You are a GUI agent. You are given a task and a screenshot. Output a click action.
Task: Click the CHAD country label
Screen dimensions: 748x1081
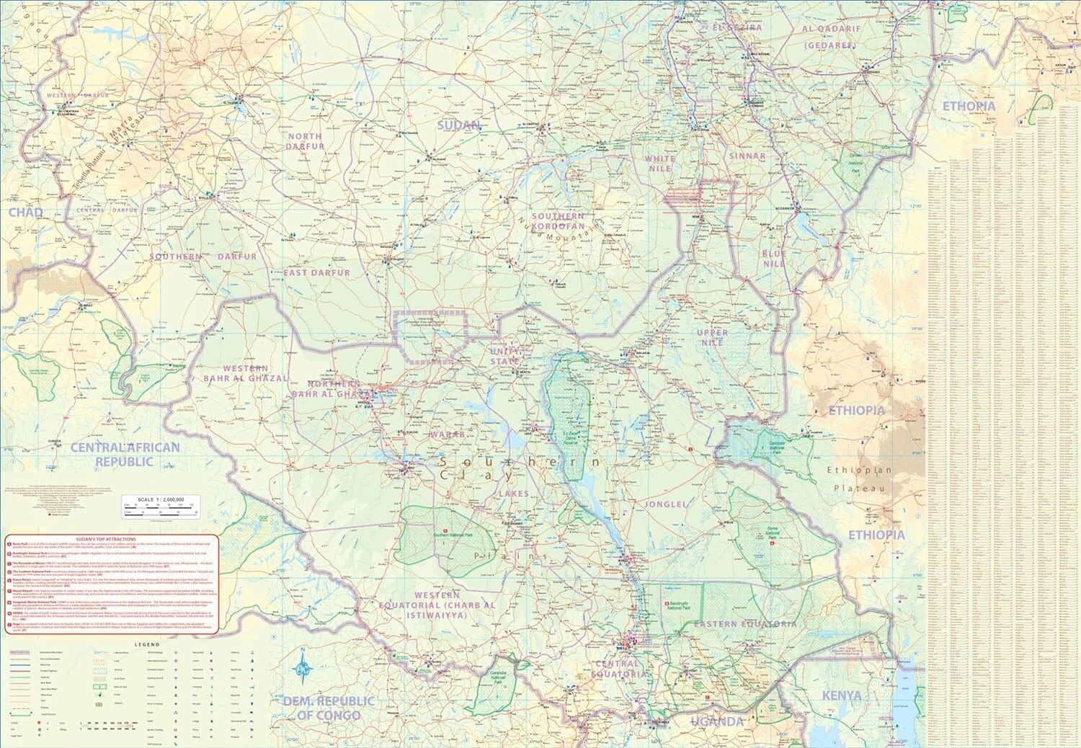(x=26, y=213)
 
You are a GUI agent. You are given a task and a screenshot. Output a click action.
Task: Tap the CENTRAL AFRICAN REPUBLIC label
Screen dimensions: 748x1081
(x=125, y=454)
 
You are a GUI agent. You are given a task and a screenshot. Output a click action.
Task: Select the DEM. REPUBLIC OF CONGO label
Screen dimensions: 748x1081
(x=329, y=707)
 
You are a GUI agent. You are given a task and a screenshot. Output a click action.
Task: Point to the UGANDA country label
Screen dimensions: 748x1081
(x=716, y=721)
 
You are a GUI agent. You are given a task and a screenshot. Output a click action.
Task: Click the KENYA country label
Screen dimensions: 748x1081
(x=841, y=695)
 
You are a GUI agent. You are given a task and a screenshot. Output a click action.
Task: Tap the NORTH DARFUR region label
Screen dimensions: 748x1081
(x=306, y=141)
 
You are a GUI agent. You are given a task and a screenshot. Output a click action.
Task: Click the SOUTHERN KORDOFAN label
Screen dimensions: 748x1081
(x=558, y=221)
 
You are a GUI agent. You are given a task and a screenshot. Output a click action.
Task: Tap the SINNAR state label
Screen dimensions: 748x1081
(x=747, y=156)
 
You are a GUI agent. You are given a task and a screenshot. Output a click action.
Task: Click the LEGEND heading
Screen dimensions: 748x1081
(x=144, y=644)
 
